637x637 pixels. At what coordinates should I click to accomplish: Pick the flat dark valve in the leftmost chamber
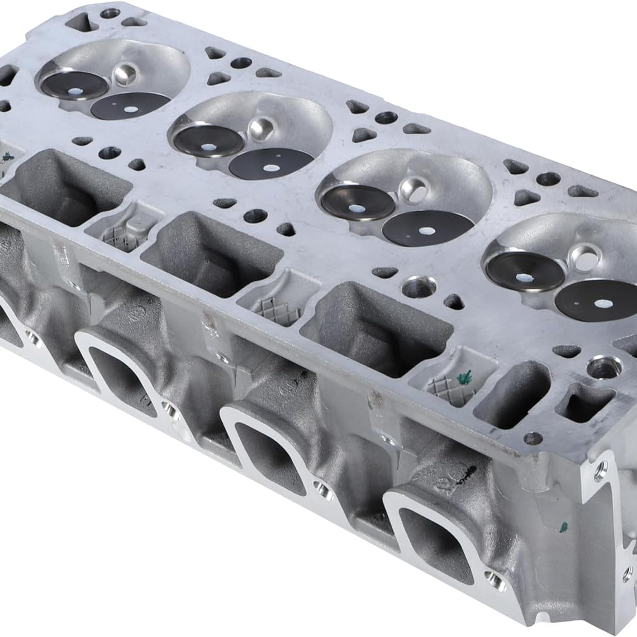[130, 106]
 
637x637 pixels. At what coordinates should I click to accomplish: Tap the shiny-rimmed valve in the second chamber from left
[208, 141]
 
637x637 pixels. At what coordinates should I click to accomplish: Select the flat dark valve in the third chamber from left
[428, 228]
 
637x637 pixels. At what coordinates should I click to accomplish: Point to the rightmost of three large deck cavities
[375, 327]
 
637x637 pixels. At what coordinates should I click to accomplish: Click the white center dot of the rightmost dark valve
[603, 305]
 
